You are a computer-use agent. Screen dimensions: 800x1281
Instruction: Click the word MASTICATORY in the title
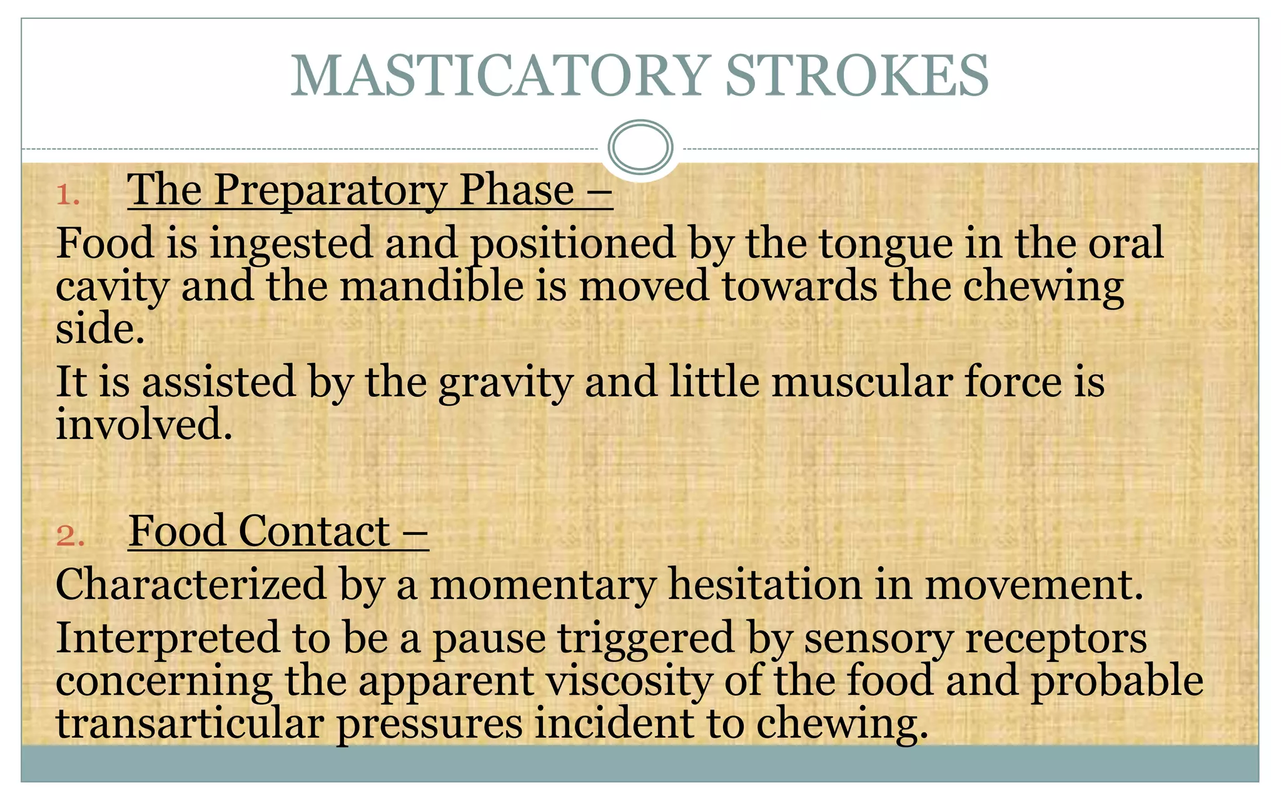(x=500, y=76)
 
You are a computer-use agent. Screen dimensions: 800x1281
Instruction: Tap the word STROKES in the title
(x=857, y=76)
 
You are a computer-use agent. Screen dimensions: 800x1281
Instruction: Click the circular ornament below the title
(x=640, y=147)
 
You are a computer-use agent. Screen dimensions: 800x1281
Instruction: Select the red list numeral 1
(x=67, y=195)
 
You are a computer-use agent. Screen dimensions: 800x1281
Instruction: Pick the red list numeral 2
(x=69, y=536)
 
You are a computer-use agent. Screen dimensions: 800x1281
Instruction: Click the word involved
(x=144, y=424)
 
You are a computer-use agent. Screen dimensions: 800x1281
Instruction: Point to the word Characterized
(x=191, y=585)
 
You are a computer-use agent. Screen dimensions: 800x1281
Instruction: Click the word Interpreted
(x=168, y=639)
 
